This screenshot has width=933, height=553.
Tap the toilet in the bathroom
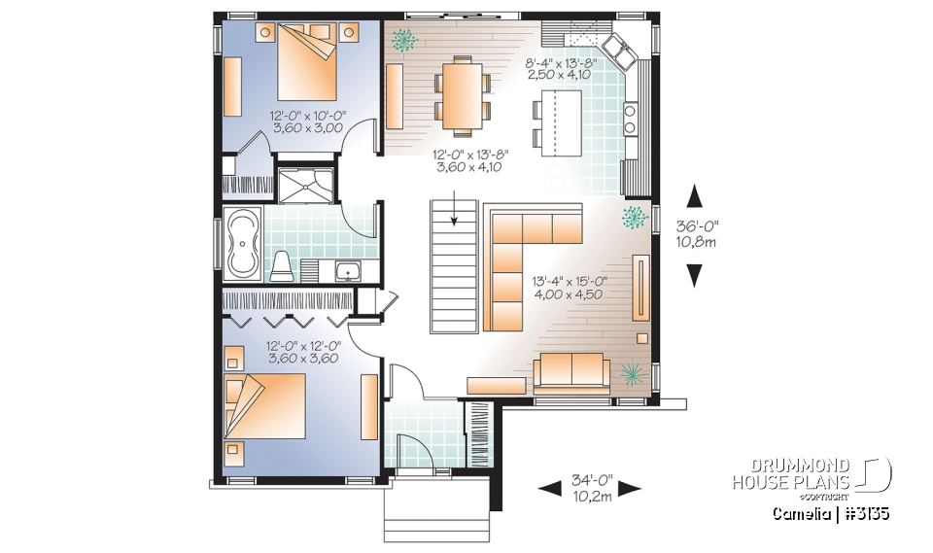(x=282, y=265)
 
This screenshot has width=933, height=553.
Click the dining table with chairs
(x=461, y=95)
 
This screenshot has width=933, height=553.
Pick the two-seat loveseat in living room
(x=570, y=371)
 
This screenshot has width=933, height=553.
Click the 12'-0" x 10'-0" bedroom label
(x=303, y=121)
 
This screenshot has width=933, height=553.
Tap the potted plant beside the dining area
(x=403, y=39)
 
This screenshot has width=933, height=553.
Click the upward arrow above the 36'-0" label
(x=693, y=196)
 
